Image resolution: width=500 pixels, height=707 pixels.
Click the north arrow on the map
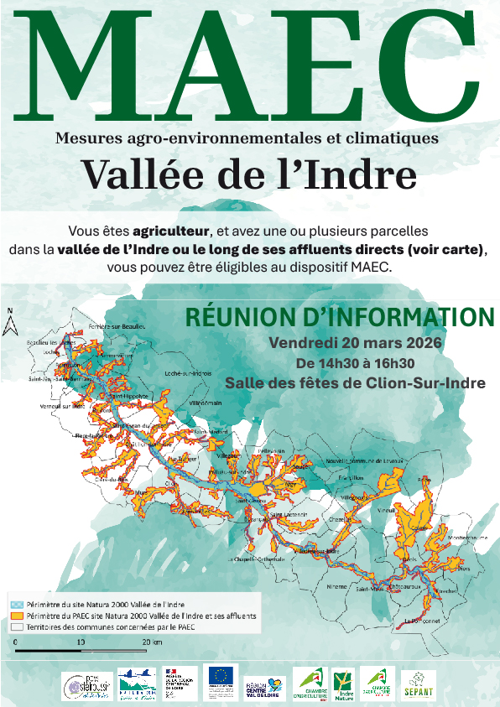pos(11,323)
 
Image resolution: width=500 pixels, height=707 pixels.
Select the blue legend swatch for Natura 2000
pos(15,604)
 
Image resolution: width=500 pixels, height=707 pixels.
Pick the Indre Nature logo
pos(342,684)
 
